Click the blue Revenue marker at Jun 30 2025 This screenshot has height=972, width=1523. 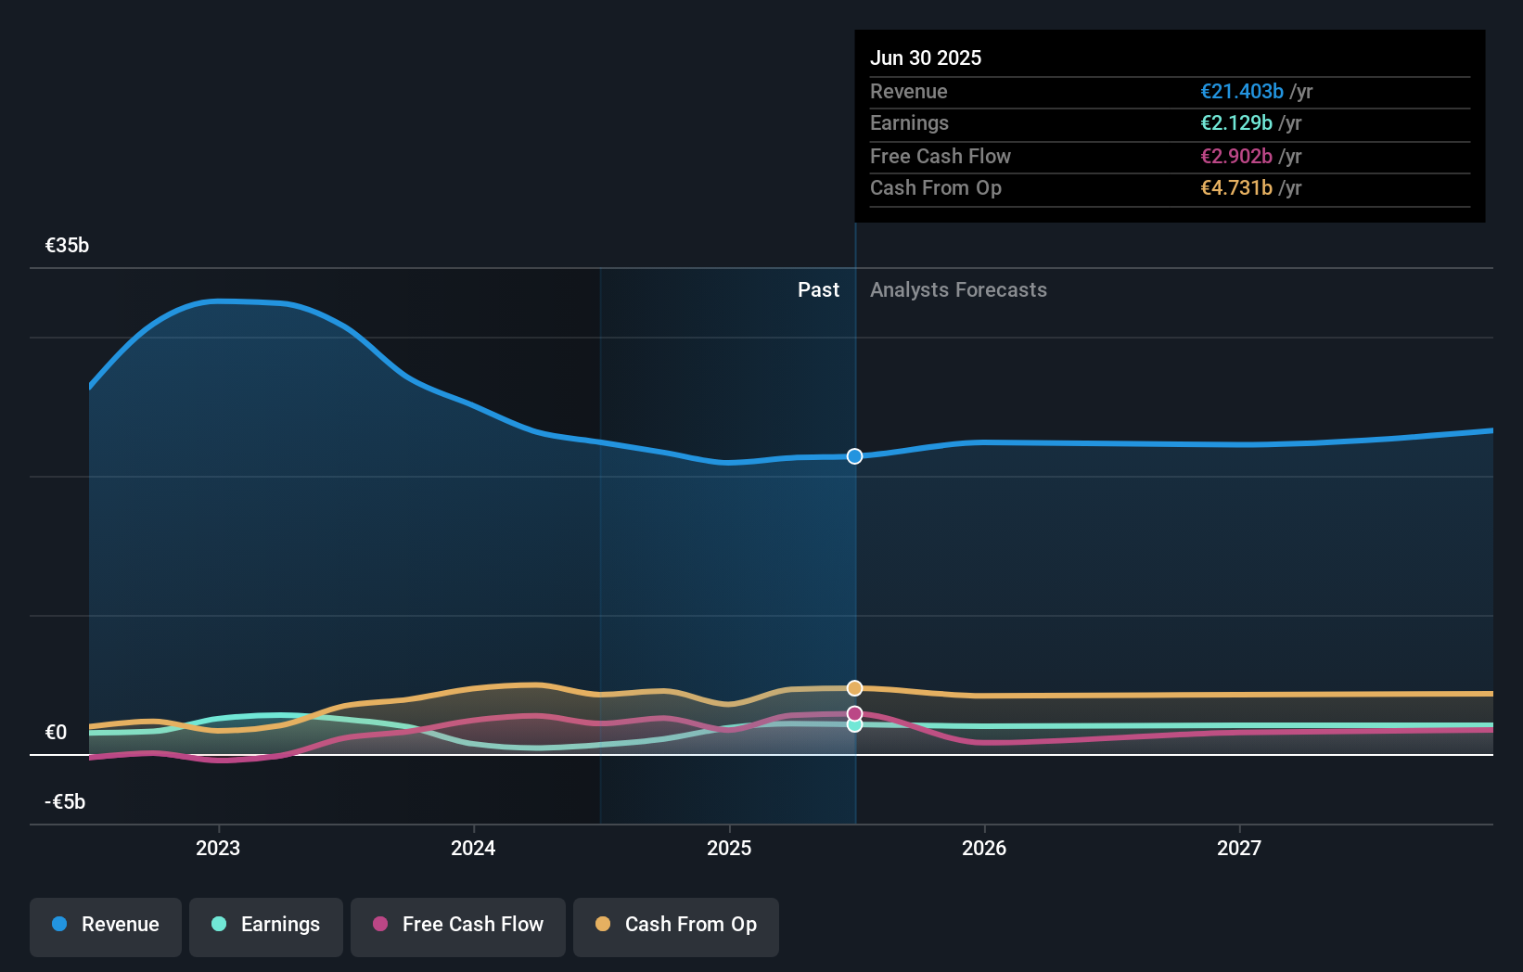(854, 456)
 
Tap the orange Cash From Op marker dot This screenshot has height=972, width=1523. (854, 688)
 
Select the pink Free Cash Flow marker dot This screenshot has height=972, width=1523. (854, 713)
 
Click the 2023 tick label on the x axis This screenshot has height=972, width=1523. (218, 848)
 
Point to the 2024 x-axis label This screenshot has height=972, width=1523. (473, 848)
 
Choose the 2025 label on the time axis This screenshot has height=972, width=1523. (729, 848)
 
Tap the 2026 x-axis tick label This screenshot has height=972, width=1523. (984, 848)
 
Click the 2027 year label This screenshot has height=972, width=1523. (1239, 848)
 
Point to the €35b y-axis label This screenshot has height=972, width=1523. (67, 246)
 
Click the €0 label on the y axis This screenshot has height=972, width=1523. (57, 733)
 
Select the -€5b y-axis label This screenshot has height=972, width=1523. (65, 802)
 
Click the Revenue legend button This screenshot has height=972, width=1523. (106, 925)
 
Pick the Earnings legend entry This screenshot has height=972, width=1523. (266, 925)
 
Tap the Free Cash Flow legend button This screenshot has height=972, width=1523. (458, 925)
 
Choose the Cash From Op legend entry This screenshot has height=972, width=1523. (676, 925)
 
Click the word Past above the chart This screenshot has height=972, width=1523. (818, 290)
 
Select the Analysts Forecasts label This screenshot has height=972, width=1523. (958, 290)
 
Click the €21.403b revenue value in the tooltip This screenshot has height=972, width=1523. (1242, 92)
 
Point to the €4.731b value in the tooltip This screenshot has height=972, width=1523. (1236, 188)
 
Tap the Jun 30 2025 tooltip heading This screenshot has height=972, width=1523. (926, 58)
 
